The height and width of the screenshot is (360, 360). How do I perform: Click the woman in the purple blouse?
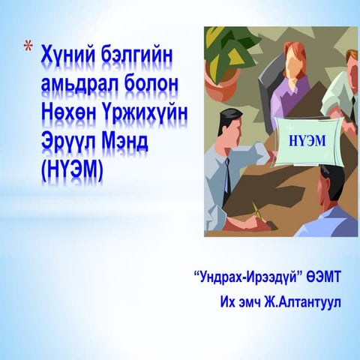pyautogui.click(x=289, y=82)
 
